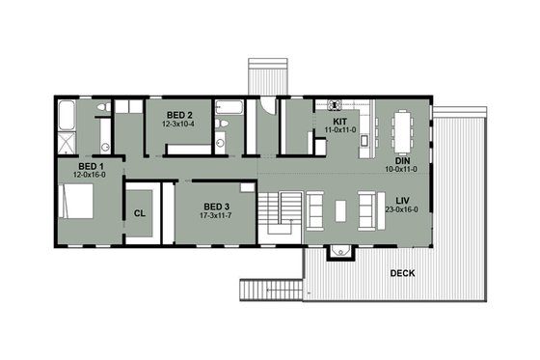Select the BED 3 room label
point(216,206)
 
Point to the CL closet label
point(139,212)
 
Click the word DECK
point(403,273)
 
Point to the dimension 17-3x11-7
point(216,215)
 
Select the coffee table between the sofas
point(340,209)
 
